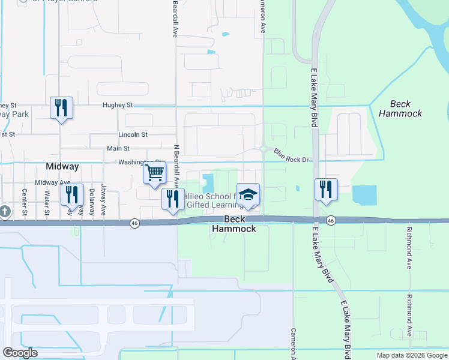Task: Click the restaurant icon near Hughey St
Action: pos(61,108)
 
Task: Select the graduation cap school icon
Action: pos(248,194)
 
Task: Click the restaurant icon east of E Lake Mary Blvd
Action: pos(326,189)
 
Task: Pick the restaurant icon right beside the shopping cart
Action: pos(173,199)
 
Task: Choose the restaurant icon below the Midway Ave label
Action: pos(72,194)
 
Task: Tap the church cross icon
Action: pos(4,212)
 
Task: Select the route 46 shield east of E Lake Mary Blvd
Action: pos(331,221)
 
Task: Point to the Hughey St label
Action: pos(117,105)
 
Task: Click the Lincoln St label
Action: pos(133,135)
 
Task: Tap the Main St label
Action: pos(118,148)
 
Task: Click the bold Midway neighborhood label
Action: pos(62,166)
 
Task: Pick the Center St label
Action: pos(25,202)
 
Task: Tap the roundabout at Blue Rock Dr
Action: pos(264,149)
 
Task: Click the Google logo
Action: pos(20,353)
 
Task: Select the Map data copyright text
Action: pos(411,355)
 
